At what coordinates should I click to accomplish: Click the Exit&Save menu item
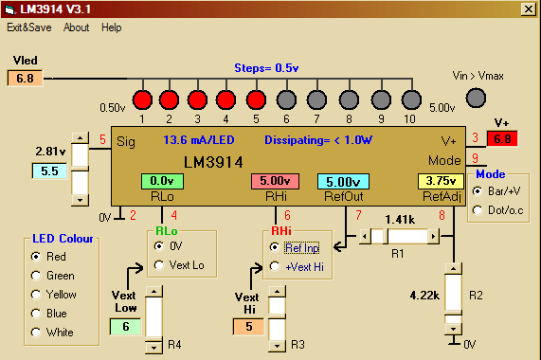28,27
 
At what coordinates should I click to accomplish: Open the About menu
77,27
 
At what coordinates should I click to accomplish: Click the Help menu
112,27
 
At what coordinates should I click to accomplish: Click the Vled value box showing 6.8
25,77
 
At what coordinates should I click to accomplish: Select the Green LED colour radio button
36,276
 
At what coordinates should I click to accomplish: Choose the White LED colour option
36,332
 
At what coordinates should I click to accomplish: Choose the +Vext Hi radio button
274,266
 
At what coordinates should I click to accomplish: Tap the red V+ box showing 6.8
502,139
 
